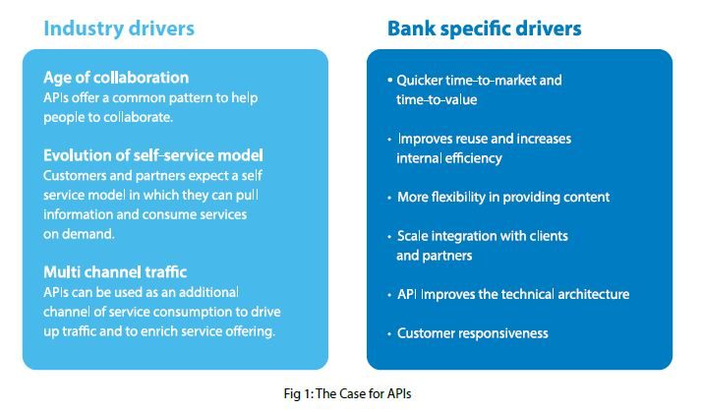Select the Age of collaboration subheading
pyautogui.click(x=116, y=78)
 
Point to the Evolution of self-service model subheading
pyautogui.click(x=153, y=155)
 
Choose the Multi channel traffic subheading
pyautogui.click(x=115, y=271)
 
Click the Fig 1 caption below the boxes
pyautogui.click(x=347, y=393)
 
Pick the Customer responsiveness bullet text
pyautogui.click(x=472, y=333)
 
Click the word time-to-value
pyautogui.click(x=437, y=99)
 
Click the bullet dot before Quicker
pyautogui.click(x=390, y=81)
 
